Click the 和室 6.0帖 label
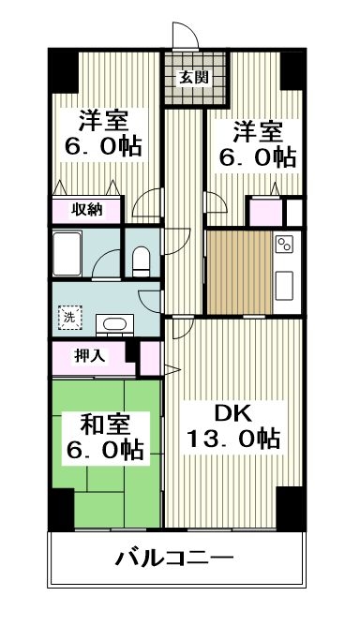(x=103, y=437)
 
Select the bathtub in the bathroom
(x=78, y=252)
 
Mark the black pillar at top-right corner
(x=293, y=67)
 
